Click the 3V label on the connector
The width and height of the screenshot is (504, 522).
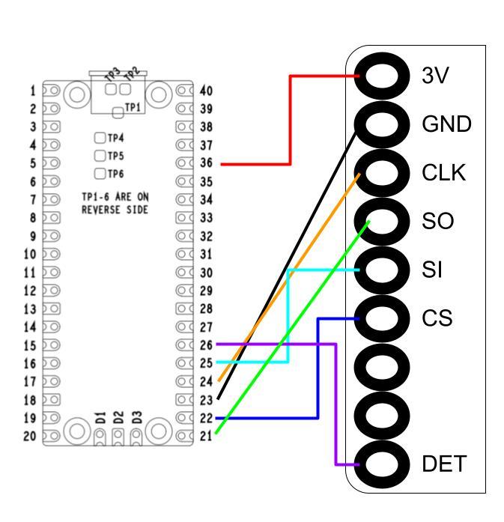click(436, 76)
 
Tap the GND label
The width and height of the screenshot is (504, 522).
click(446, 124)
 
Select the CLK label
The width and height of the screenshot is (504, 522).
click(444, 173)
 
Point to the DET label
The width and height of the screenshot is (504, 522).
click(444, 464)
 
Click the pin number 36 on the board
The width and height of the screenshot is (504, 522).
click(206, 163)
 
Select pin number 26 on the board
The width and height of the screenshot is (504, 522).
click(206, 345)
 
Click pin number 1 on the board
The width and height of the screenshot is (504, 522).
click(33, 91)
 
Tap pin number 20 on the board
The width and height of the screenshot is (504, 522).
click(30, 435)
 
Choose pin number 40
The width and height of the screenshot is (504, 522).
click(206, 91)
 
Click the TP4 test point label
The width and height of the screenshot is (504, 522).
click(115, 138)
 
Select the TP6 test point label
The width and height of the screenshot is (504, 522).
click(115, 174)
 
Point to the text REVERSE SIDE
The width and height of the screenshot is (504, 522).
click(115, 210)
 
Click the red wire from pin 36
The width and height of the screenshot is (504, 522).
click(289, 120)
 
